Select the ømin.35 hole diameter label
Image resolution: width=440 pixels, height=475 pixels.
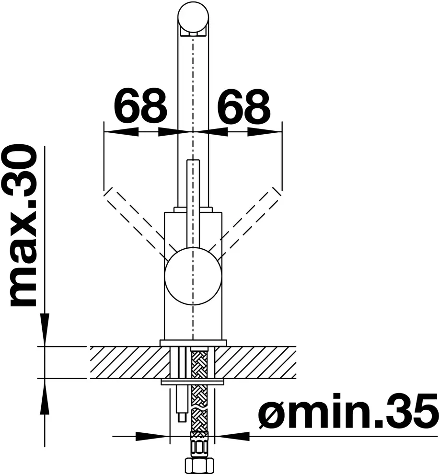348,411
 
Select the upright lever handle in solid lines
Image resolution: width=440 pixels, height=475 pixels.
193,203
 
